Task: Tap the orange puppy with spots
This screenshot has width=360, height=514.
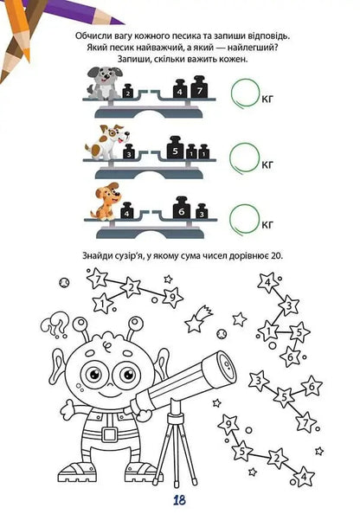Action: tap(106, 202)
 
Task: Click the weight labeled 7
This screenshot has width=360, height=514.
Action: tap(199, 87)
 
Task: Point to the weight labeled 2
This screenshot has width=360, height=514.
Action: tap(128, 92)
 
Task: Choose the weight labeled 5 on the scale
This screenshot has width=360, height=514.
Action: tap(175, 148)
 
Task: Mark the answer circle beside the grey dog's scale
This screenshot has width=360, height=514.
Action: tap(245, 93)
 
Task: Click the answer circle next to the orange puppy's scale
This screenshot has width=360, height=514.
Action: tap(244, 219)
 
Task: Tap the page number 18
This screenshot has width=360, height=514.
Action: tap(179, 500)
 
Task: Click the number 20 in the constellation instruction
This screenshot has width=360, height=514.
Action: tap(277, 256)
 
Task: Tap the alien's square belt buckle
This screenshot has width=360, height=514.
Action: tap(109, 434)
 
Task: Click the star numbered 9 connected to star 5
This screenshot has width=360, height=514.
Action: tap(229, 424)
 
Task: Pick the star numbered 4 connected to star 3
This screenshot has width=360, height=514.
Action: tap(268, 282)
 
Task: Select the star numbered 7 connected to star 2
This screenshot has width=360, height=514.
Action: tap(98, 279)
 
